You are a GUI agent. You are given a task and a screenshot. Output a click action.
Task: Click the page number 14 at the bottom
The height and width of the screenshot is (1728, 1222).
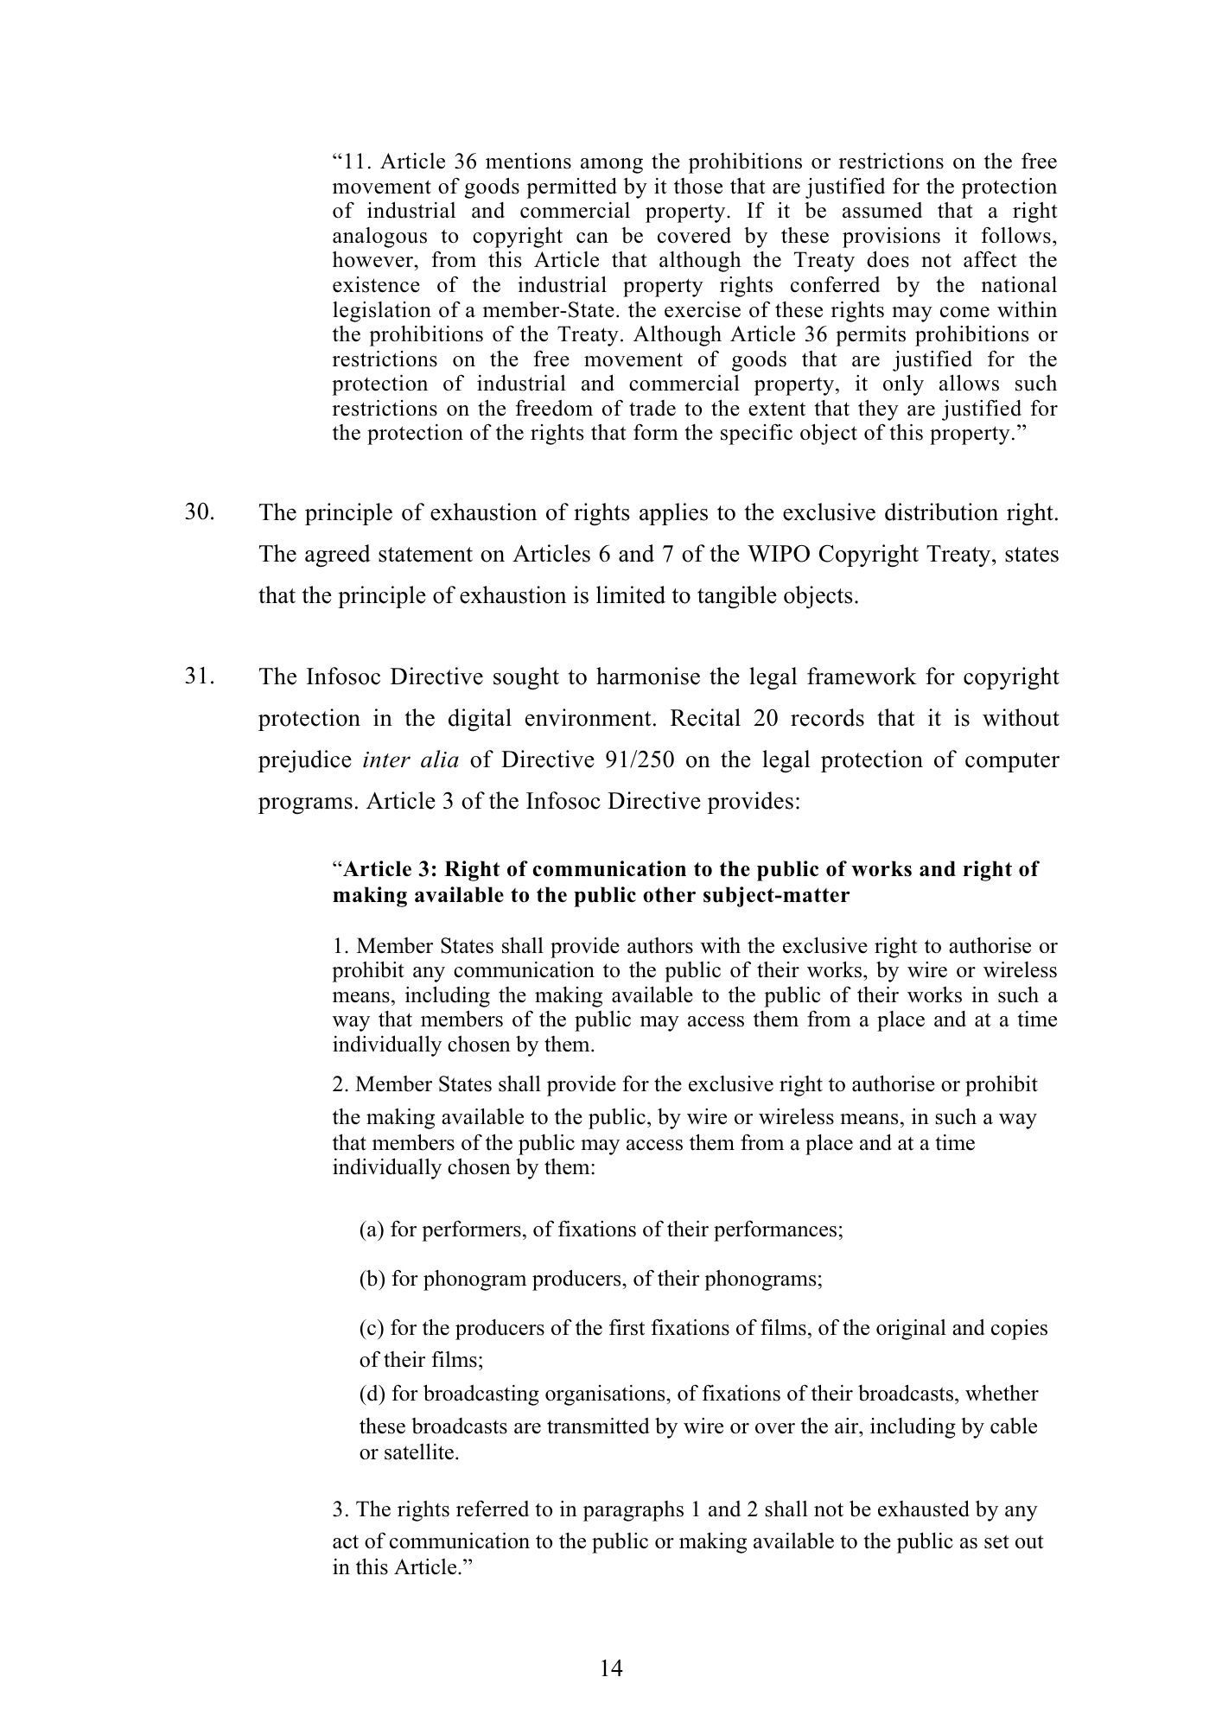[x=610, y=1668]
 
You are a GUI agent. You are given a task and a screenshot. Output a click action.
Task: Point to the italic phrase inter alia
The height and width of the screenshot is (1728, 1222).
[x=411, y=760]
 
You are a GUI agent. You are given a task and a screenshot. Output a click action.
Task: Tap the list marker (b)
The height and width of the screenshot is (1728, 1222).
[x=372, y=1279]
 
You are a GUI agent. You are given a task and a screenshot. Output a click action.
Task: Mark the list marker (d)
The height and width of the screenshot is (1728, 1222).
[x=372, y=1394]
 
